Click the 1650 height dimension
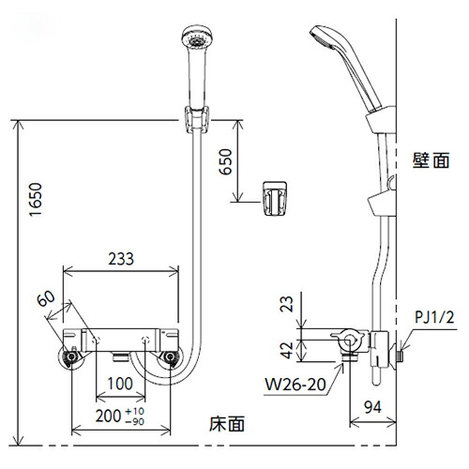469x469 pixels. (x=36, y=200)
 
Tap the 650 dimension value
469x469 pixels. (x=226, y=161)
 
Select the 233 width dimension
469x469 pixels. (x=121, y=259)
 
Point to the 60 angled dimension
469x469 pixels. (x=46, y=298)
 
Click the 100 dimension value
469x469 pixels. (x=120, y=384)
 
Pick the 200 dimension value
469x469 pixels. (x=108, y=416)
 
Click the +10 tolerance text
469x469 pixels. (x=135, y=411)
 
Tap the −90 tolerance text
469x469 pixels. (x=135, y=422)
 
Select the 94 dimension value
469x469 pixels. (x=373, y=407)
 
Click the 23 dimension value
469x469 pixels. (x=286, y=304)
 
